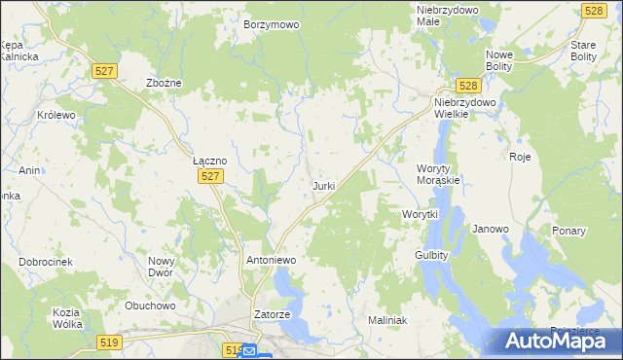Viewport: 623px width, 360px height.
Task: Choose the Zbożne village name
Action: tap(164, 84)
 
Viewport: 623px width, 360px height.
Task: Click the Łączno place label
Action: tap(209, 161)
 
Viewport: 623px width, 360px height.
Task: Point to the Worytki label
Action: tap(421, 214)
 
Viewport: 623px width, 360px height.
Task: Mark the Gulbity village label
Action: tap(430, 255)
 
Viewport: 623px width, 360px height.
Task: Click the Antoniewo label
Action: tap(271, 261)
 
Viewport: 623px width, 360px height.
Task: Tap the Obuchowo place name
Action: tap(149, 306)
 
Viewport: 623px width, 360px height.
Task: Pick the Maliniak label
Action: tap(386, 320)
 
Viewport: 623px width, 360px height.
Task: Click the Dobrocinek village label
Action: tap(46, 263)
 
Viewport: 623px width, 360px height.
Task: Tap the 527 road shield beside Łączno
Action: tap(213, 176)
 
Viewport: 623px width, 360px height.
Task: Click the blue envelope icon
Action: tap(250, 351)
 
